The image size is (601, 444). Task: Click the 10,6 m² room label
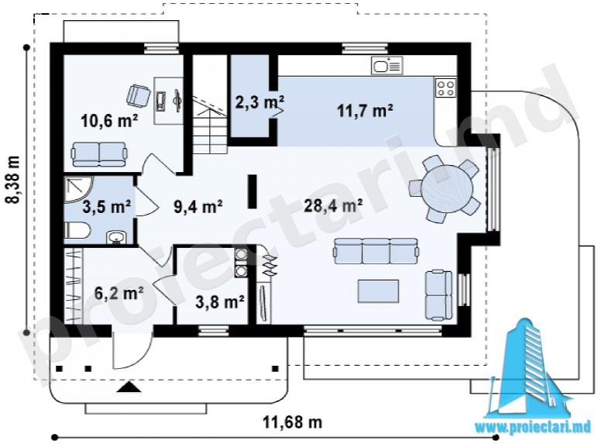[109, 121]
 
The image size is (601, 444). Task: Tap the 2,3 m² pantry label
[259, 102]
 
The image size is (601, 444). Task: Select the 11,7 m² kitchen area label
[365, 111]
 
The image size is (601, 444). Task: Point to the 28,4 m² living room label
[333, 206]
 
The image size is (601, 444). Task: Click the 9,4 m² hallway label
[198, 207]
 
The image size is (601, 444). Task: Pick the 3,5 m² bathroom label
[107, 207]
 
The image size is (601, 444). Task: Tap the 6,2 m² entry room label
[118, 294]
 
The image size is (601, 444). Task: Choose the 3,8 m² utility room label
[220, 301]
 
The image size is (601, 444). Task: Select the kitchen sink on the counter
[386, 66]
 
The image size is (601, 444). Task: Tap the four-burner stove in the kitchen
[446, 88]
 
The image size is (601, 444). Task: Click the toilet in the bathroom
[77, 231]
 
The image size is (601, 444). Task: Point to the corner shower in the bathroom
[79, 188]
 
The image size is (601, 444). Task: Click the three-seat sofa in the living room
[376, 251]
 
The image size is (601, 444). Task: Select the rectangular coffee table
[378, 291]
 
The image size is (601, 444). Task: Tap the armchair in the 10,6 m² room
[138, 95]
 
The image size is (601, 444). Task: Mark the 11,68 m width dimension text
[292, 422]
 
